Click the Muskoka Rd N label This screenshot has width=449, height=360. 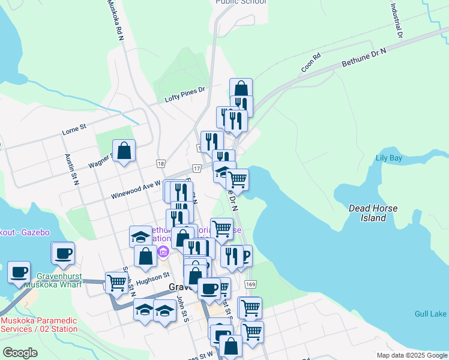pyautogui.click(x=115, y=20)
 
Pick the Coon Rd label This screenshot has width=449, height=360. pyautogui.click(x=311, y=63)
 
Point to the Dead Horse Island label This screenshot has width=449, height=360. pyautogui.click(x=373, y=213)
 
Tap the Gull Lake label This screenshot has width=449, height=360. pyautogui.click(x=430, y=314)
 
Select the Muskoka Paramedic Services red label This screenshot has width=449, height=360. pyautogui.click(x=39, y=325)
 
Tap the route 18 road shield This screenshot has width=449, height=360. pyautogui.click(x=160, y=163)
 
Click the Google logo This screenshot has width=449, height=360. pyautogui.click(x=20, y=352)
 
